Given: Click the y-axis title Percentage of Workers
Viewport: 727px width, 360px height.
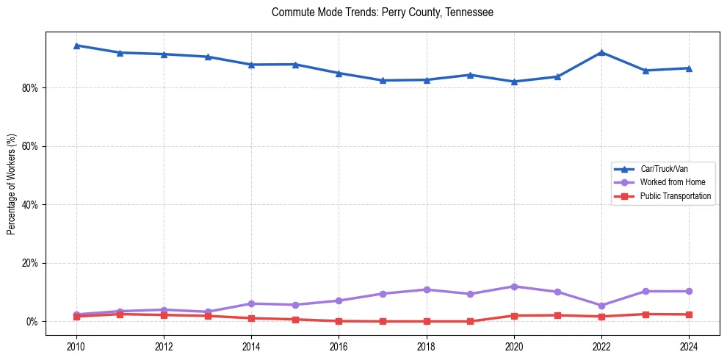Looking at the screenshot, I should [x=11, y=184].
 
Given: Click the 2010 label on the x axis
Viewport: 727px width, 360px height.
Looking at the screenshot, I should [x=76, y=345].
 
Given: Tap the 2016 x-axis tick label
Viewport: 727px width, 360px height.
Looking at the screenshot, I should [x=339, y=345].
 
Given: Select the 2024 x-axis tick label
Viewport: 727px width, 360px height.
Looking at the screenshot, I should [x=690, y=345].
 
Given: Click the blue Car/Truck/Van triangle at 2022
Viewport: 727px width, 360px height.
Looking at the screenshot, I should [x=601, y=52].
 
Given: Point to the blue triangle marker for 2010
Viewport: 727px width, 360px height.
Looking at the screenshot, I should [x=76, y=46].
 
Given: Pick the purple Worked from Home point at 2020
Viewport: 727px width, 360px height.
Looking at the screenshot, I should [x=514, y=287].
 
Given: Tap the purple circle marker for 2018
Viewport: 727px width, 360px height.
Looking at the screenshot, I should [x=427, y=289].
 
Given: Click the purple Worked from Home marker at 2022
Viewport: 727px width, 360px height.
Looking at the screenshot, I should [x=601, y=306].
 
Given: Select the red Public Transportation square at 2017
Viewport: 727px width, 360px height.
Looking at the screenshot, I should [x=383, y=321].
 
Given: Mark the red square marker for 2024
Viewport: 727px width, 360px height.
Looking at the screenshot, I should [x=690, y=314].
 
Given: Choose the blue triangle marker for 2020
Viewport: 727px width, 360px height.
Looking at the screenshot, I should [x=514, y=82].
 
